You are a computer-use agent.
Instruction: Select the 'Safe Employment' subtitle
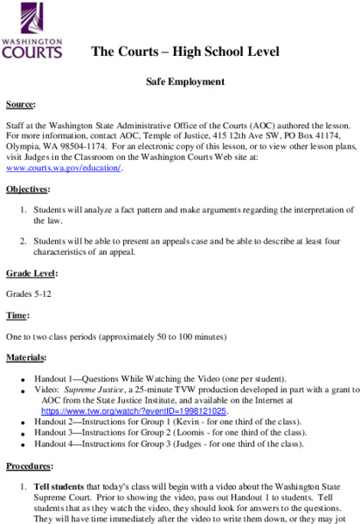(x=184, y=81)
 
